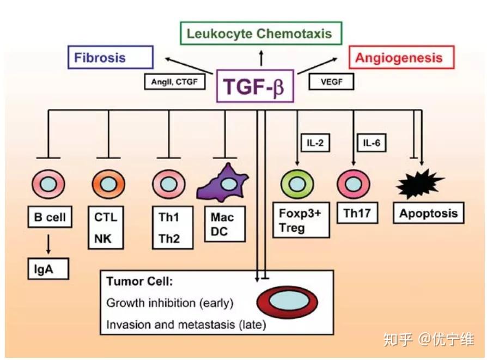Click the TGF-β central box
coord(255,86)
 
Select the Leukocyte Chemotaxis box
coord(261,33)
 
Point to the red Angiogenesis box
coord(401,58)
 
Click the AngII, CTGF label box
coord(174,82)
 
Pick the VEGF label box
coord(331,82)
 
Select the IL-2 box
coord(315,143)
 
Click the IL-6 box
coord(372,143)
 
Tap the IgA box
coord(48,269)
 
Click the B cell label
coord(50,217)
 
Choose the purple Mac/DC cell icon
coord(223,182)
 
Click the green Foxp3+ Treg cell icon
coord(297,184)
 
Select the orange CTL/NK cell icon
coord(108,184)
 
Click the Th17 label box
coord(357,213)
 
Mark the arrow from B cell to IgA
coord(48,244)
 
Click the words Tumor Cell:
coord(139,282)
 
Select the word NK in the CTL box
coord(103,239)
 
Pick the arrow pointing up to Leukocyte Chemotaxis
coord(261,58)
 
